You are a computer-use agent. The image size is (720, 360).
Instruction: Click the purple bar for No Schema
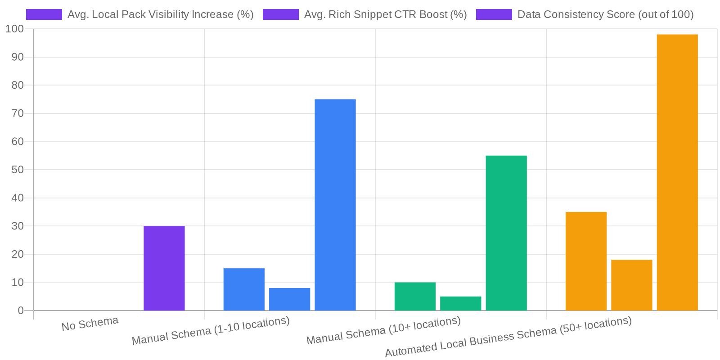click(164, 268)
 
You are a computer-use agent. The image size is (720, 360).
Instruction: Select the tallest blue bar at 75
click(335, 205)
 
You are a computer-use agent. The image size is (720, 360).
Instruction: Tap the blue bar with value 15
click(244, 289)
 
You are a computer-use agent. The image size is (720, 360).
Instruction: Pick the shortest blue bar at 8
click(289, 299)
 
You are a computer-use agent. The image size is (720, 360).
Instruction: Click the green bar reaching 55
click(506, 233)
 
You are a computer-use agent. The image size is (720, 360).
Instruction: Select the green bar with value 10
click(415, 297)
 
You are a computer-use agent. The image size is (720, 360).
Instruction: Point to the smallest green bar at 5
click(460, 303)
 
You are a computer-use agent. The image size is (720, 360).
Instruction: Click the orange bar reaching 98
click(677, 172)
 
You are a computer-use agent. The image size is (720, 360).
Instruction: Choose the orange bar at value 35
click(586, 261)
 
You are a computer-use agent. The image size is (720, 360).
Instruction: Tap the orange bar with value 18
click(631, 285)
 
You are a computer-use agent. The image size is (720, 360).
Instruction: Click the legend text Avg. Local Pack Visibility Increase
click(160, 14)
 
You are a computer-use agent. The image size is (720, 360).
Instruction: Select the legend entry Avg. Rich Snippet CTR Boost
click(385, 14)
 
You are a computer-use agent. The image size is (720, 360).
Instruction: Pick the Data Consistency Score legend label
click(605, 14)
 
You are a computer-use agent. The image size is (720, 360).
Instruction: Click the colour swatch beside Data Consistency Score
click(494, 14)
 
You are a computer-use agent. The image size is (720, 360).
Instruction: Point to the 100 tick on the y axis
click(14, 29)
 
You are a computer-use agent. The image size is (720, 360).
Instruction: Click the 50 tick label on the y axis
click(18, 170)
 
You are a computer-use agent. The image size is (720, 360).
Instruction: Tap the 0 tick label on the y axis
click(21, 310)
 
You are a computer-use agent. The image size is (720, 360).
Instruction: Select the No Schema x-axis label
click(90, 324)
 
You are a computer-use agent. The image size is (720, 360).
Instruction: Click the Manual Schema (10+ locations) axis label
click(383, 330)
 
